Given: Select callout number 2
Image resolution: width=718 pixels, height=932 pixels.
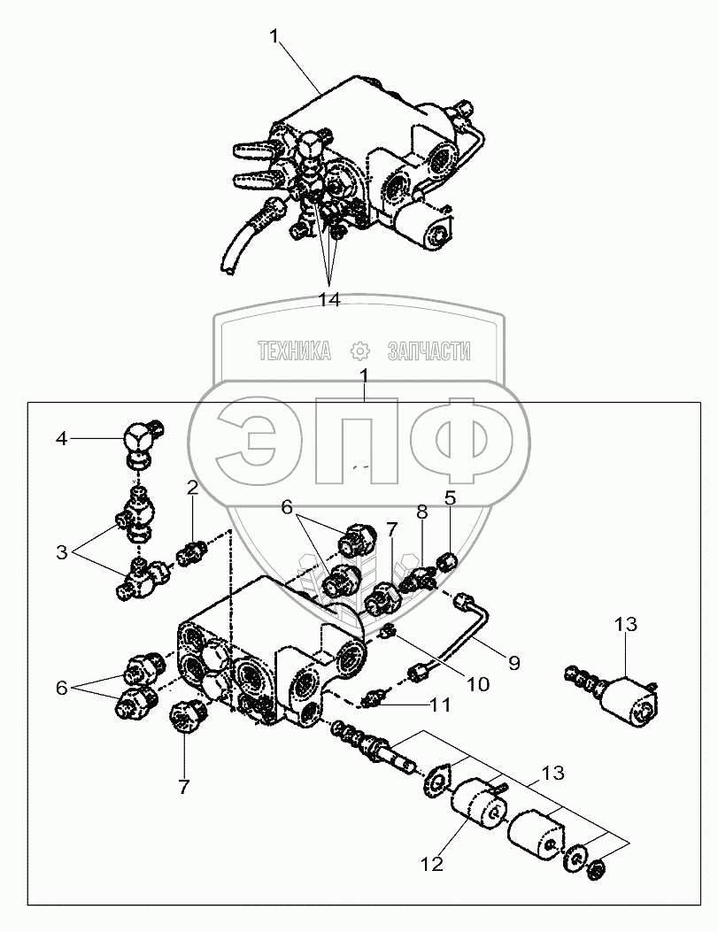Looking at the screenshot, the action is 191,488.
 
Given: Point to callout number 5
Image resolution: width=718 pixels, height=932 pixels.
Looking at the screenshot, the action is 450,498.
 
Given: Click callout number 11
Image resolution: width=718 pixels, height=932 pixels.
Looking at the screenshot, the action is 440,705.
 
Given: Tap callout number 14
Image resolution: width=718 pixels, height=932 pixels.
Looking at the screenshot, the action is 329,300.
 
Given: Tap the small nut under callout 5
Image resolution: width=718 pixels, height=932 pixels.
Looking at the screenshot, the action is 450,558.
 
